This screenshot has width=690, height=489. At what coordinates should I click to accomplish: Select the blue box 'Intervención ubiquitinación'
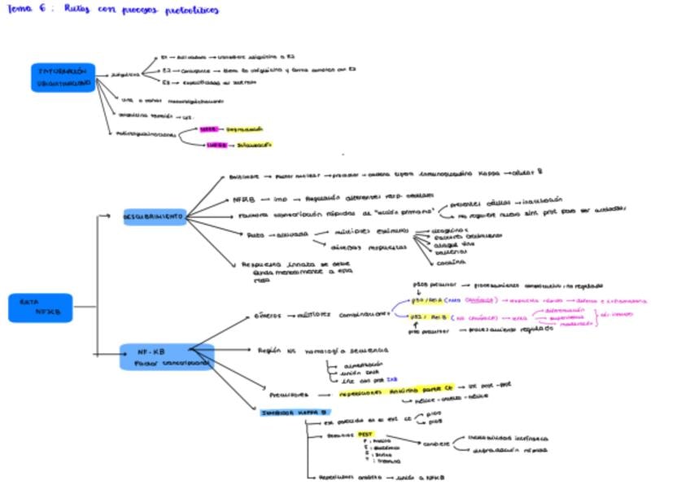[63, 77]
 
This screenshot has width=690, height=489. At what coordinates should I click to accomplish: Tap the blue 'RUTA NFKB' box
[41, 308]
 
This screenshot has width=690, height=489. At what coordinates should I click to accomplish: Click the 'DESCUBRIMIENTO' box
[154, 217]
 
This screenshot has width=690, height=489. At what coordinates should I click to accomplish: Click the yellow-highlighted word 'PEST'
[365, 434]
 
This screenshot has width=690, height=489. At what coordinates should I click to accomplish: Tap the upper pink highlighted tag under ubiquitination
[207, 129]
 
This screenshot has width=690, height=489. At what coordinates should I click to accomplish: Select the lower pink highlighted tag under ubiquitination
[216, 145]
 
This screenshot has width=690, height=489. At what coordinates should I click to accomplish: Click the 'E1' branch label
[164, 58]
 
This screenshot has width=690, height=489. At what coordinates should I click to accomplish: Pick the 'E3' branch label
[165, 83]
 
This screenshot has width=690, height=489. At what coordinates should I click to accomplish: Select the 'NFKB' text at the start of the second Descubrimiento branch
[243, 198]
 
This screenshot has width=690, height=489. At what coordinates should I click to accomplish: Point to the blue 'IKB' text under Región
[391, 378]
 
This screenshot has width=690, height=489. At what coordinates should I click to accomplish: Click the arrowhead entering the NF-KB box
[119, 355]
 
